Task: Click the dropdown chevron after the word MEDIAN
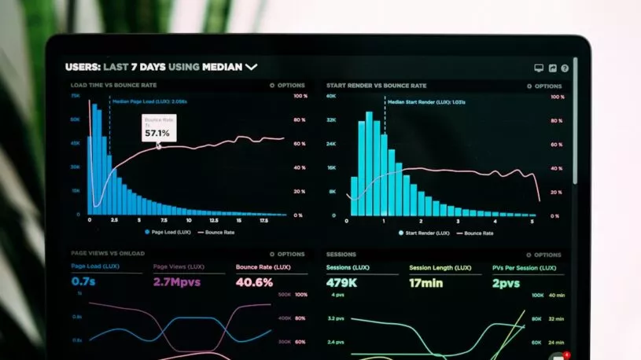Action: (x=252, y=68)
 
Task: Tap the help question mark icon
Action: (x=565, y=68)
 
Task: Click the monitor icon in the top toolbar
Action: (x=539, y=68)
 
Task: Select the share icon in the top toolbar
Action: (x=552, y=68)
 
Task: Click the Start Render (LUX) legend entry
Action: (x=424, y=233)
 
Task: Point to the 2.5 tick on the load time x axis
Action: (x=114, y=222)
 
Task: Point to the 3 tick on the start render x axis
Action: (x=459, y=222)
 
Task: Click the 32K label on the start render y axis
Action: (x=331, y=119)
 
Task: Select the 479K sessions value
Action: (x=343, y=283)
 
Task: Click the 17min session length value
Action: (x=427, y=283)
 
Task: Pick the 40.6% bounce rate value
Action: (x=254, y=282)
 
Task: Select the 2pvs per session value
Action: (x=506, y=283)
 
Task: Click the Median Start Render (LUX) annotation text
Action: (x=426, y=101)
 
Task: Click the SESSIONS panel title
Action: (x=341, y=255)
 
